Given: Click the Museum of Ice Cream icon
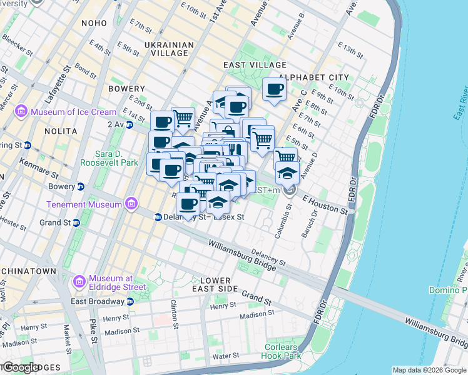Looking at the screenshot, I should click(x=21, y=112).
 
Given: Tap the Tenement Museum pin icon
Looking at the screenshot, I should click(x=131, y=204).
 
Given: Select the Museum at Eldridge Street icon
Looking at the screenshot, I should click(x=79, y=282).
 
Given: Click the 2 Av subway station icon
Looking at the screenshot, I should click(x=130, y=124).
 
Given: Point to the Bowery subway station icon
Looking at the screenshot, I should click(x=81, y=186).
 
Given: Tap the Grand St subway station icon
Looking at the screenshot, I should click(x=76, y=222).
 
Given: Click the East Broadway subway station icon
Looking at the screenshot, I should click(x=130, y=301).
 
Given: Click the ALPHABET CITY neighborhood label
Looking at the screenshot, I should click(x=313, y=77).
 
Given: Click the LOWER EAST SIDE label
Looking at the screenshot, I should click(x=215, y=284).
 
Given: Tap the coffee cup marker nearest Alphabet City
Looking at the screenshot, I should click(x=273, y=89).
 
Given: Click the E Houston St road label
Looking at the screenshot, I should click(x=325, y=204).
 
